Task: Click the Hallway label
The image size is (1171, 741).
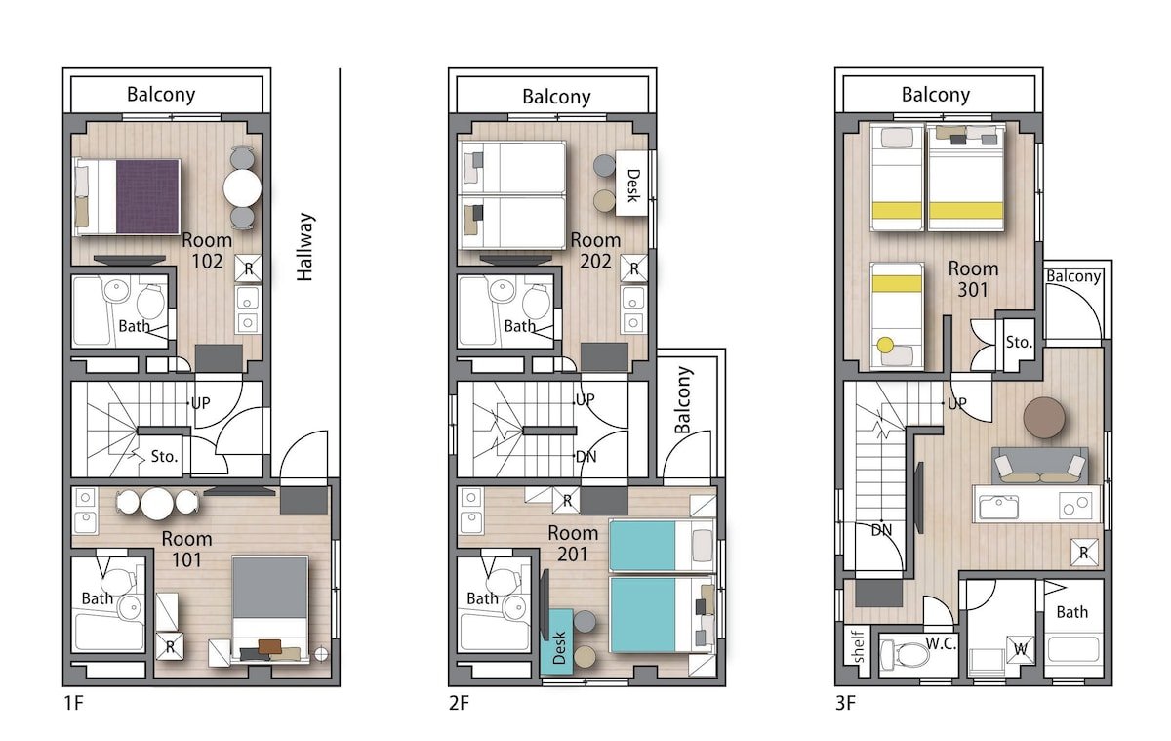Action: pyautogui.click(x=305, y=247)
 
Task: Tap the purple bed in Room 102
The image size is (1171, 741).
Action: pyautogui.click(x=128, y=196)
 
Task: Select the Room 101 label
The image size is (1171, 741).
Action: pyautogui.click(x=186, y=549)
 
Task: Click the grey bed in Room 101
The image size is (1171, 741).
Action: pyautogui.click(x=269, y=609)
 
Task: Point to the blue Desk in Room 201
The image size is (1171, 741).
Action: pyautogui.click(x=557, y=641)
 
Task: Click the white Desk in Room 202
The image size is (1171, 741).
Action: pyautogui.click(x=632, y=183)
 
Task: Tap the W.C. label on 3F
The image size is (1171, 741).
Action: pyautogui.click(x=941, y=643)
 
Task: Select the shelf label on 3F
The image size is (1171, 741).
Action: pyautogui.click(x=858, y=646)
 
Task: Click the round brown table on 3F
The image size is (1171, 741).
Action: pyautogui.click(x=1044, y=417)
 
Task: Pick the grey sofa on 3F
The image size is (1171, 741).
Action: pyautogui.click(x=1040, y=466)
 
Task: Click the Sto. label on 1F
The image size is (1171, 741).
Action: pyautogui.click(x=164, y=457)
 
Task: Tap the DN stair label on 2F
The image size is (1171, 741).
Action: pyautogui.click(x=585, y=457)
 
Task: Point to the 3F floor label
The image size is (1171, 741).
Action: pyautogui.click(x=845, y=703)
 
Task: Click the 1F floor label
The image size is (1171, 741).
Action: pyautogui.click(x=74, y=703)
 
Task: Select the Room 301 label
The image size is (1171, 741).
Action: pyautogui.click(x=973, y=278)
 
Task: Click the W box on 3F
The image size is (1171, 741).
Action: pyautogui.click(x=1020, y=650)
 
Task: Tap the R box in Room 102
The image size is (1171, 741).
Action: pyautogui.click(x=248, y=268)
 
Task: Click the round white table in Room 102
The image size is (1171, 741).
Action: pyautogui.click(x=243, y=187)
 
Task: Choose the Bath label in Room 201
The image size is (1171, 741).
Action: pyautogui.click(x=482, y=598)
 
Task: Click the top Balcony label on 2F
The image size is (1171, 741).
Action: pyautogui.click(x=557, y=97)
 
